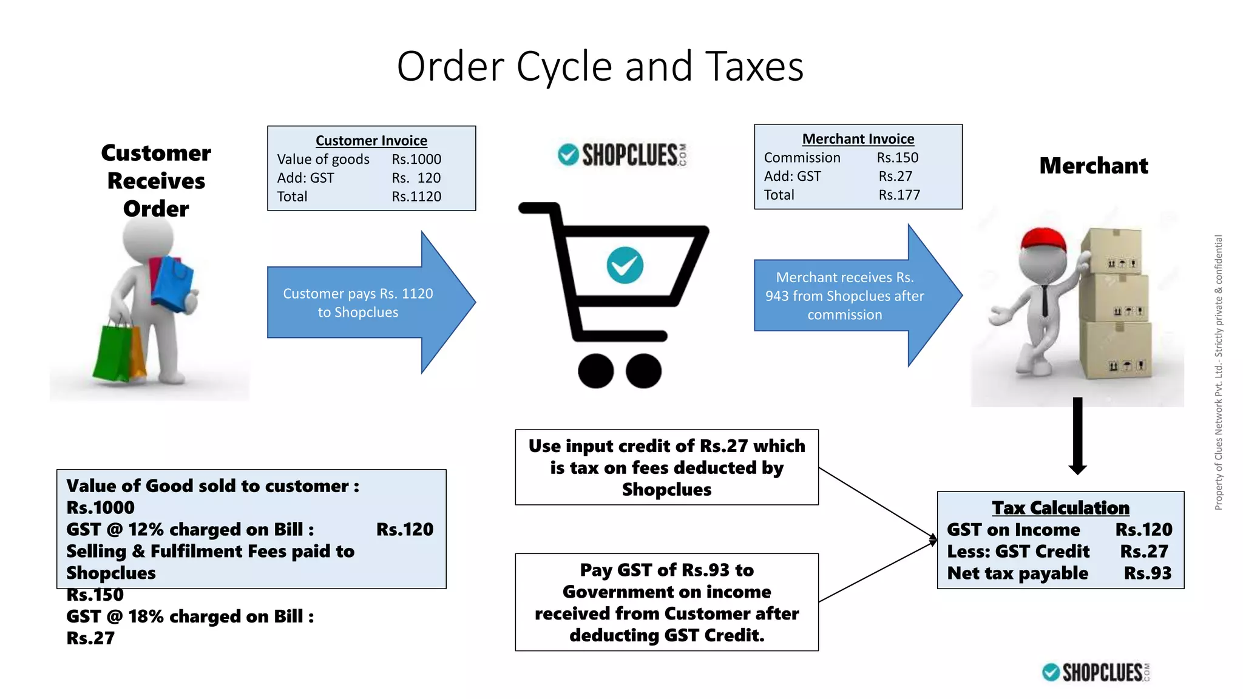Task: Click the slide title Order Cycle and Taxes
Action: [600, 66]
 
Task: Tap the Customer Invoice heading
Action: [371, 141]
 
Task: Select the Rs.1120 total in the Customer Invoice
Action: [416, 197]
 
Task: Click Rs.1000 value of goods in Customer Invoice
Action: [416, 160]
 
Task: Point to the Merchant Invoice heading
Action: [858, 139]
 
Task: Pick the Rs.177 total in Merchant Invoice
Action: [899, 195]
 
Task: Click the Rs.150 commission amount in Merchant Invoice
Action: [897, 158]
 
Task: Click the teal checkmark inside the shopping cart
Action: [625, 265]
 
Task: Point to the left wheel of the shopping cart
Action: [595, 371]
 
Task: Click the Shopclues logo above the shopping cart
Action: [622, 155]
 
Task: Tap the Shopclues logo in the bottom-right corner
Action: [1096, 672]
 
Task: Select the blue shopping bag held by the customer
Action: [173, 283]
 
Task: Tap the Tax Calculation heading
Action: [1060, 508]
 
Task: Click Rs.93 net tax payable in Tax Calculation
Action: [1147, 573]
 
